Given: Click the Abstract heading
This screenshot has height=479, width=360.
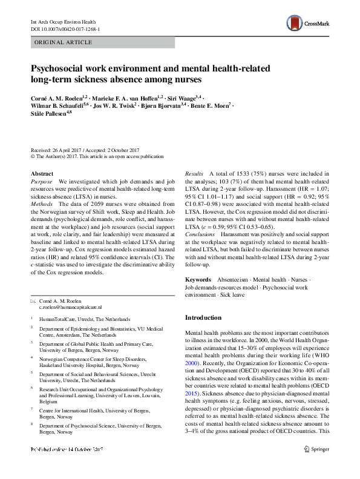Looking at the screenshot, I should click(42, 173).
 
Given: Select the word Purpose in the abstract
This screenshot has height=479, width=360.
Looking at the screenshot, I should click(42, 182).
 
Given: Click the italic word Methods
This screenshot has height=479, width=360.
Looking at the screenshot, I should click(43, 205).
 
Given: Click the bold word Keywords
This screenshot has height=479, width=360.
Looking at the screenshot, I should click(198, 280).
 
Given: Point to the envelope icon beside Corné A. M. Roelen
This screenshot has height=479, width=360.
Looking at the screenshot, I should click(33, 300).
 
